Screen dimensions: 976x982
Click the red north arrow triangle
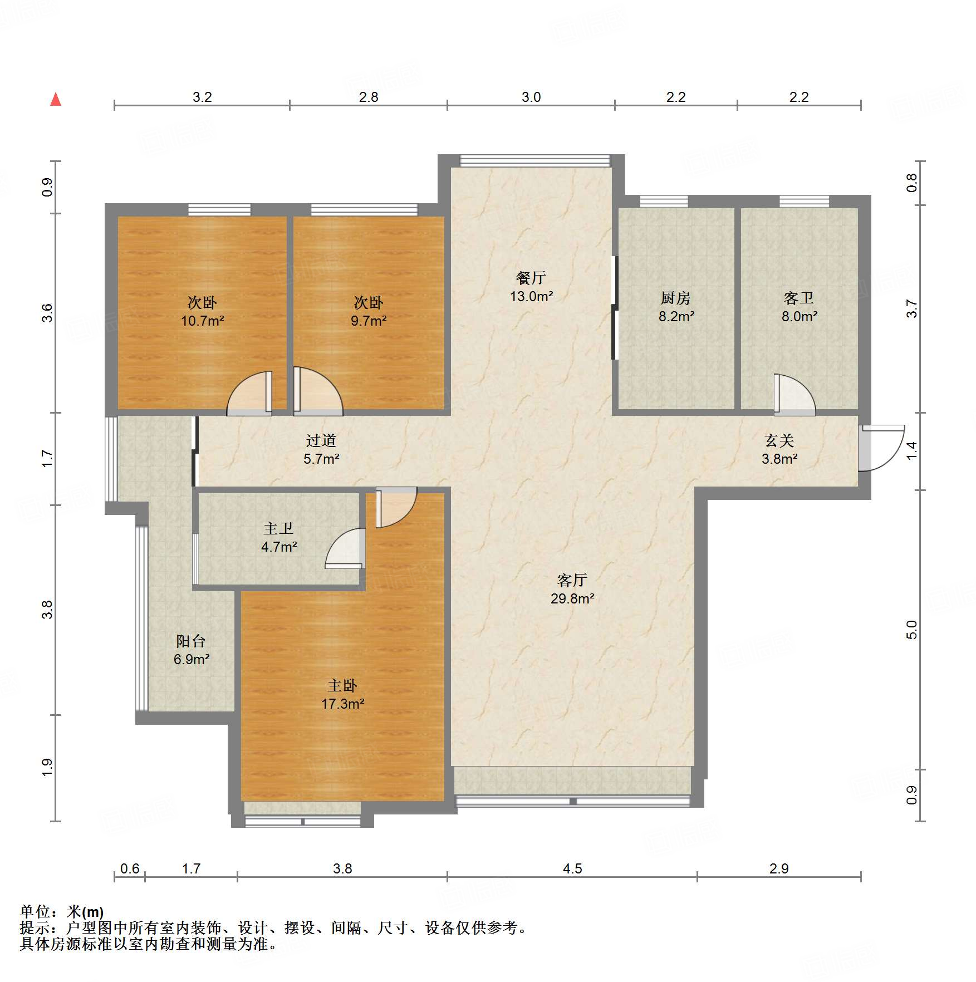click(56, 99)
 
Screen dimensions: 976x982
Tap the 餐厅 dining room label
click(531, 277)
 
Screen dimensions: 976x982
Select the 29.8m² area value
click(572, 598)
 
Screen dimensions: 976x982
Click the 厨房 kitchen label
click(676, 298)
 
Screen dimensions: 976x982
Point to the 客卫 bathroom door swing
click(794, 395)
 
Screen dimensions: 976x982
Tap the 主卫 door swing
click(346, 548)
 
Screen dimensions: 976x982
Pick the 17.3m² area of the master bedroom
click(342, 704)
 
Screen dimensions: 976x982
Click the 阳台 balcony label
click(191, 641)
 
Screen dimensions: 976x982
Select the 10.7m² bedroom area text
click(202, 321)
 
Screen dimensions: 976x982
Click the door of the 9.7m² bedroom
click(318, 391)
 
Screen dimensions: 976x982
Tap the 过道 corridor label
click(321, 440)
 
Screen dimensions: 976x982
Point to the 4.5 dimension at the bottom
click(572, 868)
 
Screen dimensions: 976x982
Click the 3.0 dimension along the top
click(531, 97)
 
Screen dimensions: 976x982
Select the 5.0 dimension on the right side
click(911, 630)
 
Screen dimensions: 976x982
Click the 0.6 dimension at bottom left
click(130, 868)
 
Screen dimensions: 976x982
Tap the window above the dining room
click(535, 161)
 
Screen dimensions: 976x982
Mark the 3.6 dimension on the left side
click(47, 313)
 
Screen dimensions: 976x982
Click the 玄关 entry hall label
click(779, 440)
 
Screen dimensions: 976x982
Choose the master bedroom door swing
click(396, 507)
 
